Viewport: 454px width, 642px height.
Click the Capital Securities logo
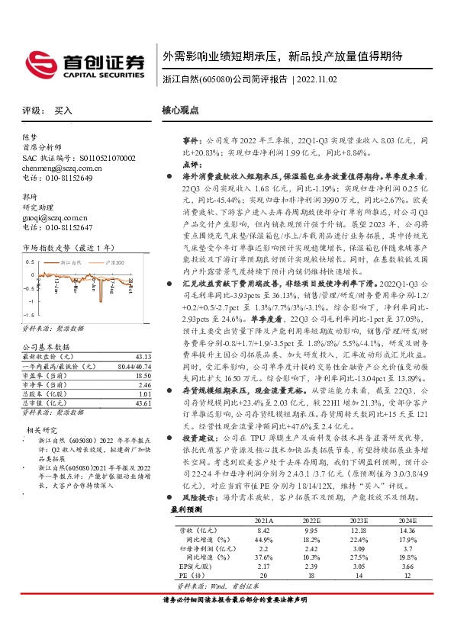(84, 63)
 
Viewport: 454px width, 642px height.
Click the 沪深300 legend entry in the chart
(114, 262)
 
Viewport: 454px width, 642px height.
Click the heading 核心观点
(180, 111)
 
